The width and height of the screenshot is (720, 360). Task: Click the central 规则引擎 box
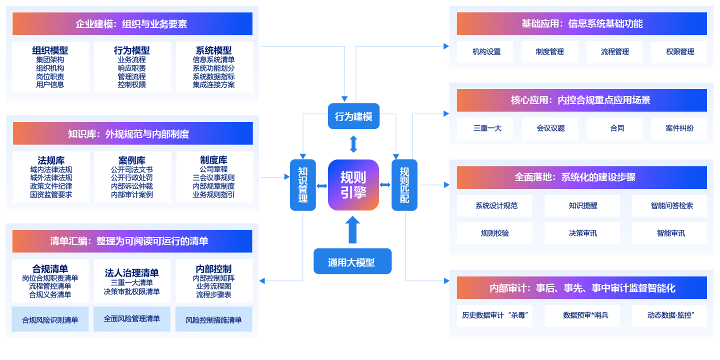pos(353,185)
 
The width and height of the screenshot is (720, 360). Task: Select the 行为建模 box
pos(353,116)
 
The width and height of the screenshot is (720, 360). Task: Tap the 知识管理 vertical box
pos(302,185)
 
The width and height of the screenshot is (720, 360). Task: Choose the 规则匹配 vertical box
pos(404,185)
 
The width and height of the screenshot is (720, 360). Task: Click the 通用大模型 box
pos(352,261)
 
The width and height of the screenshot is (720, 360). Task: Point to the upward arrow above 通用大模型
pos(353,230)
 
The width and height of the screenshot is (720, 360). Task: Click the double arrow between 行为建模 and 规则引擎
pos(353,144)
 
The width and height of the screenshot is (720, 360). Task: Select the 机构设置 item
pos(486,51)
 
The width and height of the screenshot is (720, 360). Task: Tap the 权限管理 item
pos(679,51)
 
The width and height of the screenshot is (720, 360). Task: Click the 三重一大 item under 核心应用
pos(486,128)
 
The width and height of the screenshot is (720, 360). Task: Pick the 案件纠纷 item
pos(679,128)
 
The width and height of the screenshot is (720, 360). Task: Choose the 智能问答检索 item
pos(671,205)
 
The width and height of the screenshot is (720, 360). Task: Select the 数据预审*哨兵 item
pos(583,315)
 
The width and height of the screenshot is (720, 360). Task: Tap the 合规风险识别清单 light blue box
pos(50,319)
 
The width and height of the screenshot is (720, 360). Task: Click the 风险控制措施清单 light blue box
pos(213,319)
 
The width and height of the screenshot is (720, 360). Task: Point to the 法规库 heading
pos(51,160)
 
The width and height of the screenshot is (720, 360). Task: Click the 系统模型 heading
pos(213,50)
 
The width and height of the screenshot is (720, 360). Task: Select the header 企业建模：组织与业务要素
pos(132,24)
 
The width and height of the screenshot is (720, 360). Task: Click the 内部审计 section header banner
pos(581,288)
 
